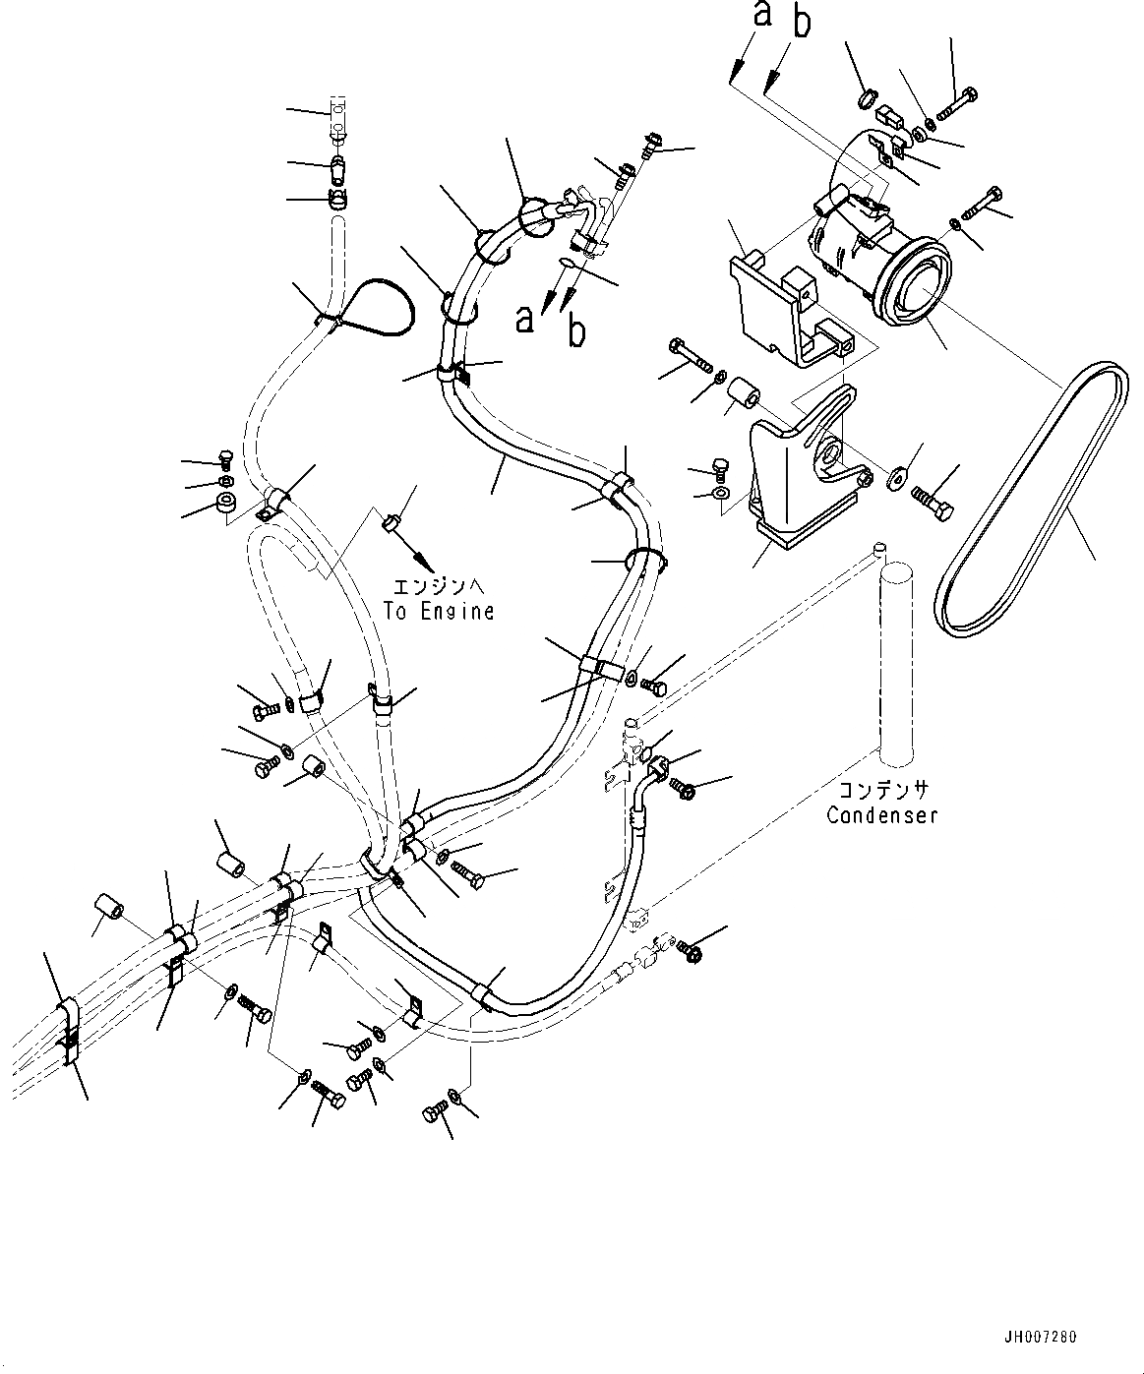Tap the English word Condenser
point(881,815)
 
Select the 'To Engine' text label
point(439,611)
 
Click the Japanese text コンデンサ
point(883,790)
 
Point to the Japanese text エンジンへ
point(439,587)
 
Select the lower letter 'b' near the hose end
point(576,331)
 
